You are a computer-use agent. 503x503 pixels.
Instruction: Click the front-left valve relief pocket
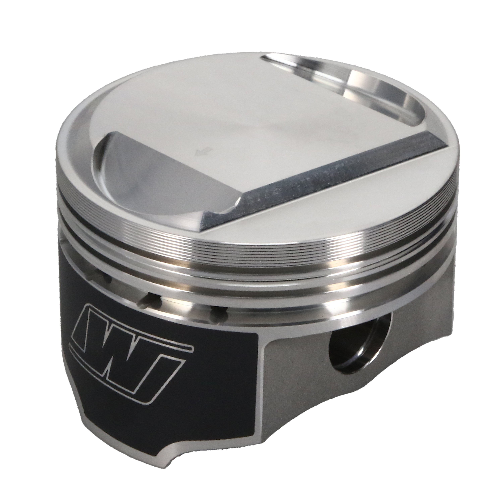click(x=161, y=180)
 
